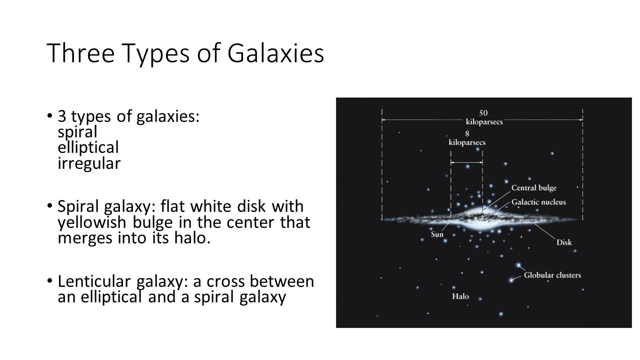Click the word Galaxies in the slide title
(x=275, y=53)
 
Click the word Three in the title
(x=80, y=53)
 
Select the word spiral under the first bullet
(x=77, y=132)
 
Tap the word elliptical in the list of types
(x=88, y=147)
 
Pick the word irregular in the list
(x=89, y=163)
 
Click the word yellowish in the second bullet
(x=91, y=222)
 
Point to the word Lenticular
(x=94, y=281)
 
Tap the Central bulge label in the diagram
(x=533, y=188)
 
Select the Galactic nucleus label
(x=538, y=202)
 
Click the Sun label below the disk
(x=437, y=234)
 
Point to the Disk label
(x=564, y=242)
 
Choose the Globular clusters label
(x=552, y=275)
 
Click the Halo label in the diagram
(x=460, y=296)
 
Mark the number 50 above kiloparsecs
(x=483, y=113)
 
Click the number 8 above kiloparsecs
(x=467, y=133)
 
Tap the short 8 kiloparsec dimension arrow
(x=467, y=162)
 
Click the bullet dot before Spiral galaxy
(x=49, y=205)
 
